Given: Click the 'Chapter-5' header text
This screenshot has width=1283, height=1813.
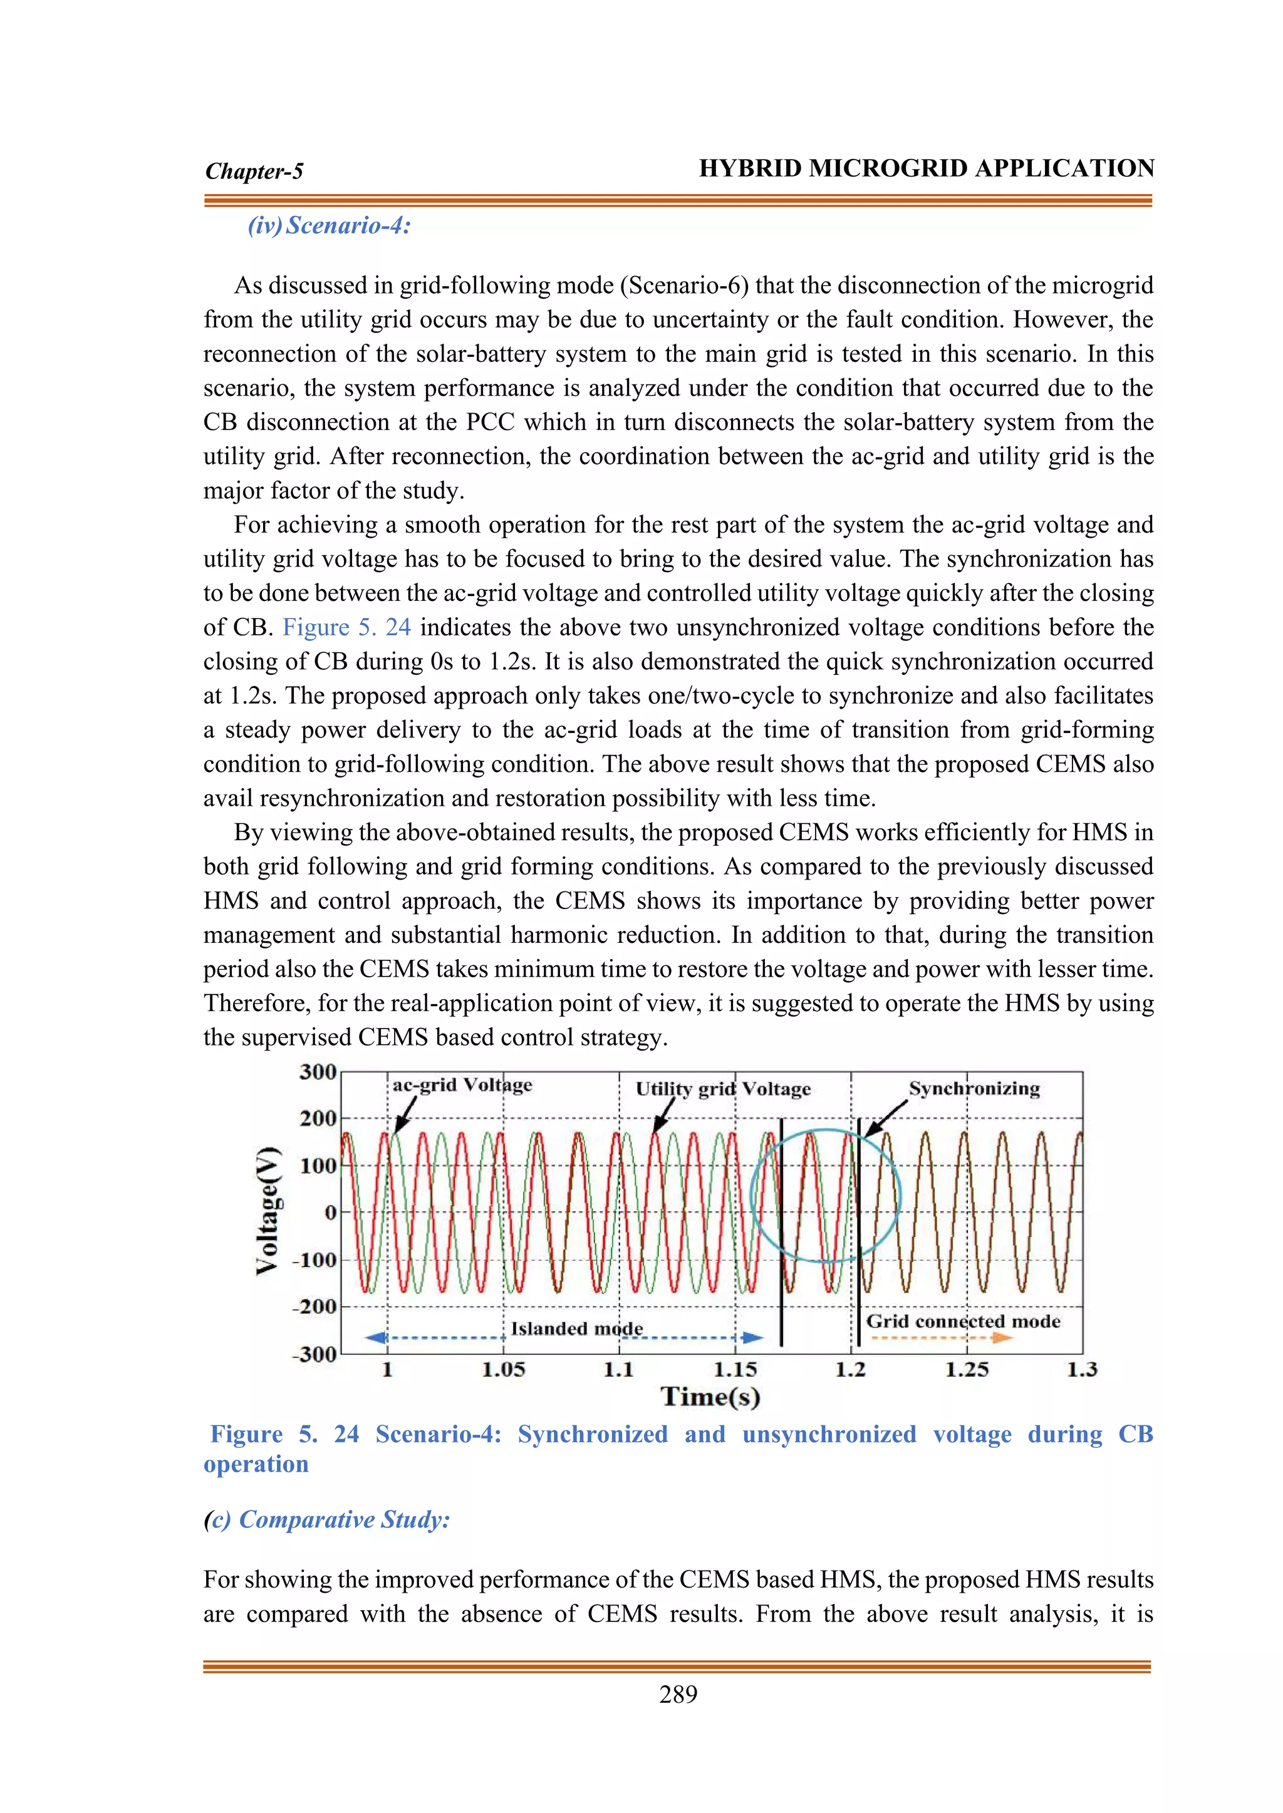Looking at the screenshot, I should tap(254, 172).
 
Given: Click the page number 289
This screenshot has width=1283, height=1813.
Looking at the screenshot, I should tap(678, 1695).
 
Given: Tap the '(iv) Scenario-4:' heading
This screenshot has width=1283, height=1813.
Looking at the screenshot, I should tap(330, 226).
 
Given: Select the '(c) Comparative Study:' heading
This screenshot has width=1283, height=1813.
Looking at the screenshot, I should tap(326, 1519).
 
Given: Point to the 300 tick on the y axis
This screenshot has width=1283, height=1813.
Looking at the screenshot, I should tap(318, 1072).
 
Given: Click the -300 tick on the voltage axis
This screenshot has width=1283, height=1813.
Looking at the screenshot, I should tap(315, 1355).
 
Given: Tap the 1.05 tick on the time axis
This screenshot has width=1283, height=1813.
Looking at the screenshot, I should tap(503, 1370).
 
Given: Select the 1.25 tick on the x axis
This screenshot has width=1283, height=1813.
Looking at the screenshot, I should tap(967, 1370).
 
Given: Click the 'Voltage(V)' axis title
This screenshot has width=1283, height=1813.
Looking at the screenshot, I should tap(269, 1209).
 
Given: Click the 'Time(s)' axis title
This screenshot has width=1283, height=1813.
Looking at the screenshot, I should tap(710, 1397).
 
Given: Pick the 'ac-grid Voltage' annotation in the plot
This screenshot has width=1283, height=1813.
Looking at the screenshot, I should tap(462, 1085).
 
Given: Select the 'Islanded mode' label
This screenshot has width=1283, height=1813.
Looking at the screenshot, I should tap(577, 1328).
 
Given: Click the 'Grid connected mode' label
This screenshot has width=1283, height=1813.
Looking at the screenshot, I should tap(963, 1321).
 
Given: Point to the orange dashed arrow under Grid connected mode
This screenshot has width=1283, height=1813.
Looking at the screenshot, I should tap(943, 1338).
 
